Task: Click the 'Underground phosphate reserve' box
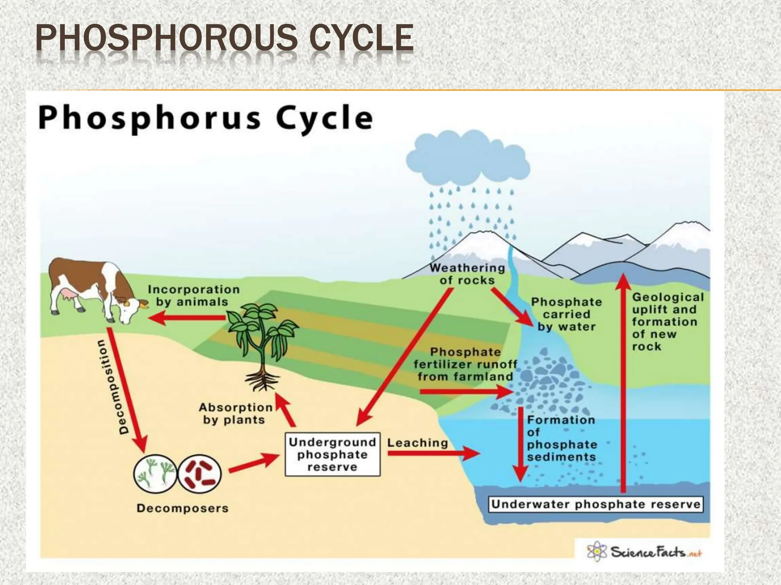click(x=333, y=454)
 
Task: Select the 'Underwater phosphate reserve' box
click(x=596, y=504)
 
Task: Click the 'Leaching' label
click(x=418, y=443)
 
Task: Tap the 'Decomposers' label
click(x=182, y=508)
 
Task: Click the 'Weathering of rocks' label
click(x=467, y=274)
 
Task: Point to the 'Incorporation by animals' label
click(x=193, y=296)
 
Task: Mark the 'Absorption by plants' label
click(x=235, y=414)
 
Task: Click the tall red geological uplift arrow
click(x=624, y=381)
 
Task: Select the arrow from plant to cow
click(x=187, y=318)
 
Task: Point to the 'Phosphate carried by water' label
click(x=566, y=314)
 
